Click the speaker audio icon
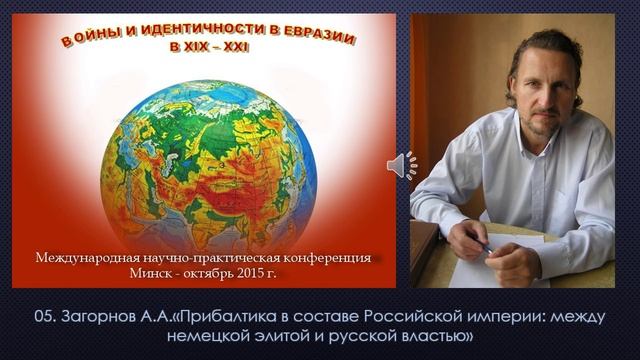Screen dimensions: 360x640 tap(402, 165)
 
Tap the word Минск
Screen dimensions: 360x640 tap(151, 272)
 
